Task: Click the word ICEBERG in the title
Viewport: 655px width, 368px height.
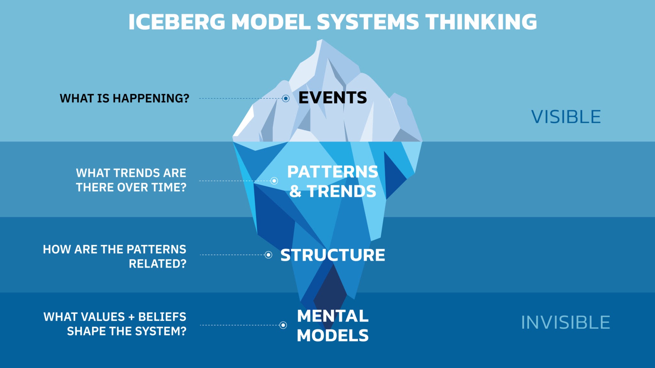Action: click(x=177, y=22)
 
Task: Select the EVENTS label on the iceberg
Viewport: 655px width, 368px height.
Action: click(x=333, y=98)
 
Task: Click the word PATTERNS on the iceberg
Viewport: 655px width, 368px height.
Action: click(x=333, y=172)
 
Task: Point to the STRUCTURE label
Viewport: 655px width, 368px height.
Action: click(x=333, y=255)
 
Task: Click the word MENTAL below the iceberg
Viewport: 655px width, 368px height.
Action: click(x=333, y=316)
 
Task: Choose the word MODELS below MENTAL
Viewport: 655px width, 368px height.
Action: click(x=333, y=336)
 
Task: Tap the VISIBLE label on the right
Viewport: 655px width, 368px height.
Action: click(x=566, y=117)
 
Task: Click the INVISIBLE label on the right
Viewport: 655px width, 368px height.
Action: click(x=565, y=323)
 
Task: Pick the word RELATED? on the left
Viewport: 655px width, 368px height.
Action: click(x=157, y=264)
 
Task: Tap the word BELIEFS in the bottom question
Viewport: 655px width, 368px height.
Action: click(x=162, y=317)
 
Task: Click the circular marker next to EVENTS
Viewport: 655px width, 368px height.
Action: click(x=286, y=98)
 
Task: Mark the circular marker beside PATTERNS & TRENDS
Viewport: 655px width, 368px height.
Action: click(x=274, y=181)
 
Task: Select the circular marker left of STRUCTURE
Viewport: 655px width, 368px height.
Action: click(x=268, y=255)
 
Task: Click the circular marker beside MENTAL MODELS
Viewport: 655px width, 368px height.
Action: click(x=283, y=325)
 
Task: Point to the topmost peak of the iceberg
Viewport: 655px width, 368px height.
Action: click(x=321, y=41)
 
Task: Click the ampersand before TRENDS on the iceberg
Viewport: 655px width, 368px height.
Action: click(x=295, y=192)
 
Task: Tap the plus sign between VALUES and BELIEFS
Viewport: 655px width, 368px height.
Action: click(x=131, y=317)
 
